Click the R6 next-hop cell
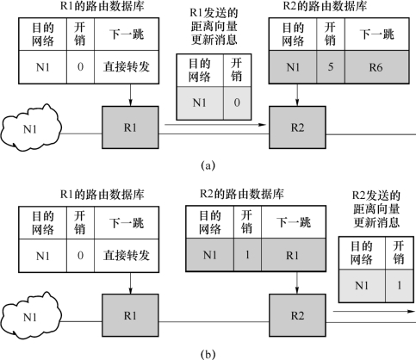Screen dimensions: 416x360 (x=376, y=67)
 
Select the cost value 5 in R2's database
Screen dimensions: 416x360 (x=331, y=67)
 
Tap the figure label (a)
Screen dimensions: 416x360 (x=208, y=165)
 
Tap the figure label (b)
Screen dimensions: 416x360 (x=208, y=354)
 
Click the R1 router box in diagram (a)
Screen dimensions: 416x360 (x=130, y=127)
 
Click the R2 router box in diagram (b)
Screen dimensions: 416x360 (x=297, y=315)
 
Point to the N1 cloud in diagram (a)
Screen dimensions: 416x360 (x=31, y=128)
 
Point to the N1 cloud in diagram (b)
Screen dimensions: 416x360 (x=31, y=316)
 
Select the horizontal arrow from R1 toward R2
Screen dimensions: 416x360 (x=215, y=125)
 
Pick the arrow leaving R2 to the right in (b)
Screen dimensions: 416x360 (x=374, y=312)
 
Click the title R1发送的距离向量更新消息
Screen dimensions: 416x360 (x=214, y=27)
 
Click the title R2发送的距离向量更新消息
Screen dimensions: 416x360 (x=376, y=209)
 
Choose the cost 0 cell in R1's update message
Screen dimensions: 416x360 (x=237, y=103)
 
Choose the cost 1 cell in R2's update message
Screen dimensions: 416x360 (x=400, y=286)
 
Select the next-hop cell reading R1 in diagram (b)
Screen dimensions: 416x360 (x=294, y=255)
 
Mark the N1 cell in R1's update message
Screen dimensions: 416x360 (x=200, y=103)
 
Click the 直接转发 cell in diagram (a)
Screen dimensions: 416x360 (x=127, y=67)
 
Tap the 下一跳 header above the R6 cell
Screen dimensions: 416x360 (x=376, y=34)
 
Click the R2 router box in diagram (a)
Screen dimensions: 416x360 (x=297, y=127)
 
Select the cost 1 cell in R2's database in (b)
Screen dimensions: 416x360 (x=247, y=255)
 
